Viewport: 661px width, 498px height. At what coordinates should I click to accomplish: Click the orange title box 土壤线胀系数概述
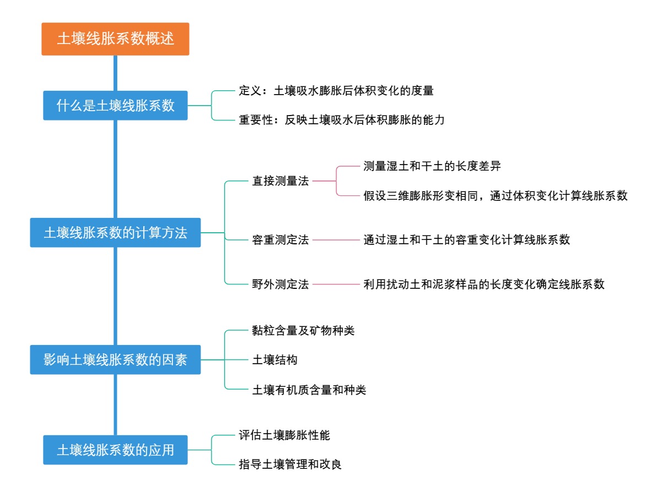point(115,39)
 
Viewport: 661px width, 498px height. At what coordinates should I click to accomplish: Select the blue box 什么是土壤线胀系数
point(115,105)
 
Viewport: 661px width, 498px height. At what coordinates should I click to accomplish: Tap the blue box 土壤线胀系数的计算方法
point(115,233)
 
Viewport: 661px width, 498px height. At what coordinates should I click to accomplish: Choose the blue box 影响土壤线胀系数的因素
point(115,360)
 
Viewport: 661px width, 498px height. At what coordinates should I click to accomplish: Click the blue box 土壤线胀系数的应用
point(115,450)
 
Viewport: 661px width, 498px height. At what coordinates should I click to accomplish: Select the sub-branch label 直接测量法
point(280,180)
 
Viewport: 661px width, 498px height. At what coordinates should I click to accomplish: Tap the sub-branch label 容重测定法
point(280,240)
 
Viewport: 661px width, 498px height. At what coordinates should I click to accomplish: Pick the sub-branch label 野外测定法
point(280,284)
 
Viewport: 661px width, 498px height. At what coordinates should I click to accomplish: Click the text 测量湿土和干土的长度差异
point(432,166)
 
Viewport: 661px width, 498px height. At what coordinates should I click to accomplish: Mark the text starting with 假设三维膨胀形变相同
point(495,196)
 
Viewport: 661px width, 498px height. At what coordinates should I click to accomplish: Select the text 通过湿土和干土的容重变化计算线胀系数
point(467,240)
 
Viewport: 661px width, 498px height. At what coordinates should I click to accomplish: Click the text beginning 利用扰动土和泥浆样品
point(484,284)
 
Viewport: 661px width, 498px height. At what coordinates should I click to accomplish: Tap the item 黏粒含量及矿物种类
point(304,330)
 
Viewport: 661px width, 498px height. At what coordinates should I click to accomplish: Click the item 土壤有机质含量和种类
point(309,390)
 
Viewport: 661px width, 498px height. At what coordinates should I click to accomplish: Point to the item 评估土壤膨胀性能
point(284,435)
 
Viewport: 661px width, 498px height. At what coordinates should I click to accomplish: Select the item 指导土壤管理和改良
point(290,465)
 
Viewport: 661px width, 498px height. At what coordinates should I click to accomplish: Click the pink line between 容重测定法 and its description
point(335,240)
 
